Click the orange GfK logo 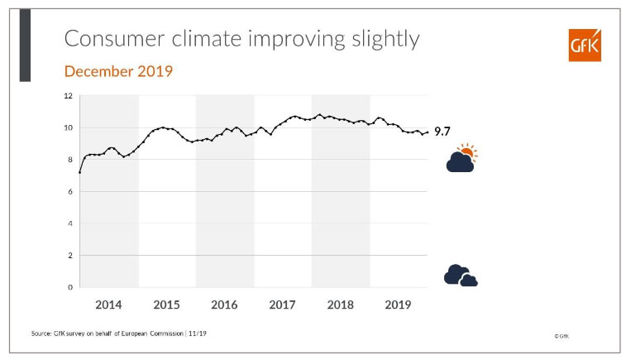click(584, 45)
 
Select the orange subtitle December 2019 click(118, 72)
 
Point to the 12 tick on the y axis click(69, 96)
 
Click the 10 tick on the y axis click(69, 128)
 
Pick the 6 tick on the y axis click(71, 192)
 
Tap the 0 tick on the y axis click(71, 287)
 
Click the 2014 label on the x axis click(108, 305)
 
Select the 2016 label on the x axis click(224, 305)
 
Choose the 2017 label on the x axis click(283, 305)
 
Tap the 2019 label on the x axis click(399, 305)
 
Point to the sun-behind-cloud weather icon click(461, 158)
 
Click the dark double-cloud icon click(460, 276)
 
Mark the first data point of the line click(79, 172)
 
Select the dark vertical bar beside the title click(25, 46)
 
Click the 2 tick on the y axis click(71, 256)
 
